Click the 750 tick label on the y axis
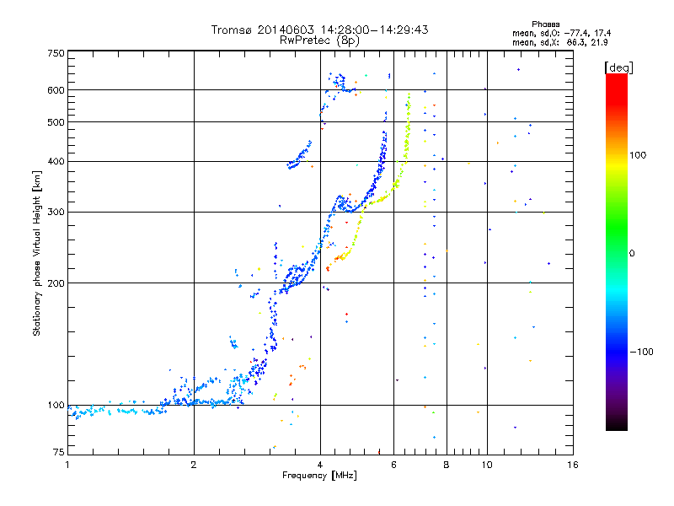pos(56,53)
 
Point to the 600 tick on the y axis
pos(56,89)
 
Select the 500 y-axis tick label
pos(56,122)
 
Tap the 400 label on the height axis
pos(56,161)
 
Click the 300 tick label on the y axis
pos(56,212)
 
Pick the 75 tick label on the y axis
pos(58,454)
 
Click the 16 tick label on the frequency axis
pos(572,465)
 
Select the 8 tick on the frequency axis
pos(447,465)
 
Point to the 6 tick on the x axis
pos(393,465)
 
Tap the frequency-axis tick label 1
pos(67,465)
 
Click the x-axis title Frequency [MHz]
pos(319,476)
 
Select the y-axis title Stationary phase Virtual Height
pos(37,253)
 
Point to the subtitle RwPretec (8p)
pos(319,40)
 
